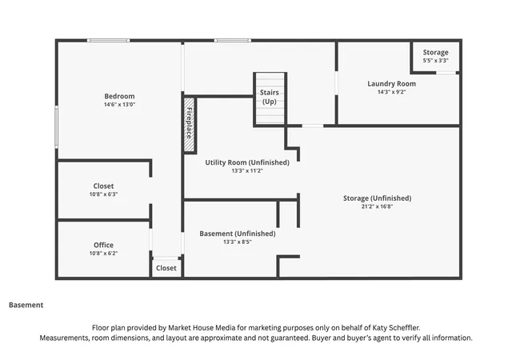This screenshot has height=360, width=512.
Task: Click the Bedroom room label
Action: coord(119,96)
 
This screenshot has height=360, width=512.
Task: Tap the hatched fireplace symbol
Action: coord(189,125)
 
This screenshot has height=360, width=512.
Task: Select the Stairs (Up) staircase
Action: coord(270,98)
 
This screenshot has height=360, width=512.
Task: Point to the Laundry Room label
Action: coord(391,84)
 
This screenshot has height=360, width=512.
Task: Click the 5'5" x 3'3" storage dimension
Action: coord(435,61)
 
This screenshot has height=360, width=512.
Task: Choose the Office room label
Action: coord(103,245)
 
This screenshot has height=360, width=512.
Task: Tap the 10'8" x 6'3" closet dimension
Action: coord(103,194)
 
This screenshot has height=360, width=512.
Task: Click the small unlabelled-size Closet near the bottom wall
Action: coord(166,268)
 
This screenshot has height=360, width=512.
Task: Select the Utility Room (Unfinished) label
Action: coord(247,162)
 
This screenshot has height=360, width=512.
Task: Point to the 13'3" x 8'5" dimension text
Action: coord(238,242)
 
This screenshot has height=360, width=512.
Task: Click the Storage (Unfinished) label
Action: coord(377,198)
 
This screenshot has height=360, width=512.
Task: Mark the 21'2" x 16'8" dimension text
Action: coord(377,206)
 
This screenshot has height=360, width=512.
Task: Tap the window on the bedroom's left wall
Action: coord(57,126)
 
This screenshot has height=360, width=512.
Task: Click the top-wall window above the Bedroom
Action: coord(109,41)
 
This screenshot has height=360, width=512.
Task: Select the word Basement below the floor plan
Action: coord(26,305)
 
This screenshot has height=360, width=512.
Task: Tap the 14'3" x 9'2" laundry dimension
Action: coord(391,92)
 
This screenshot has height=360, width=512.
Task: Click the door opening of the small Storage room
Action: coord(446,73)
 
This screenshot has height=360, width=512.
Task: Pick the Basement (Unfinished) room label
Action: coord(238,234)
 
